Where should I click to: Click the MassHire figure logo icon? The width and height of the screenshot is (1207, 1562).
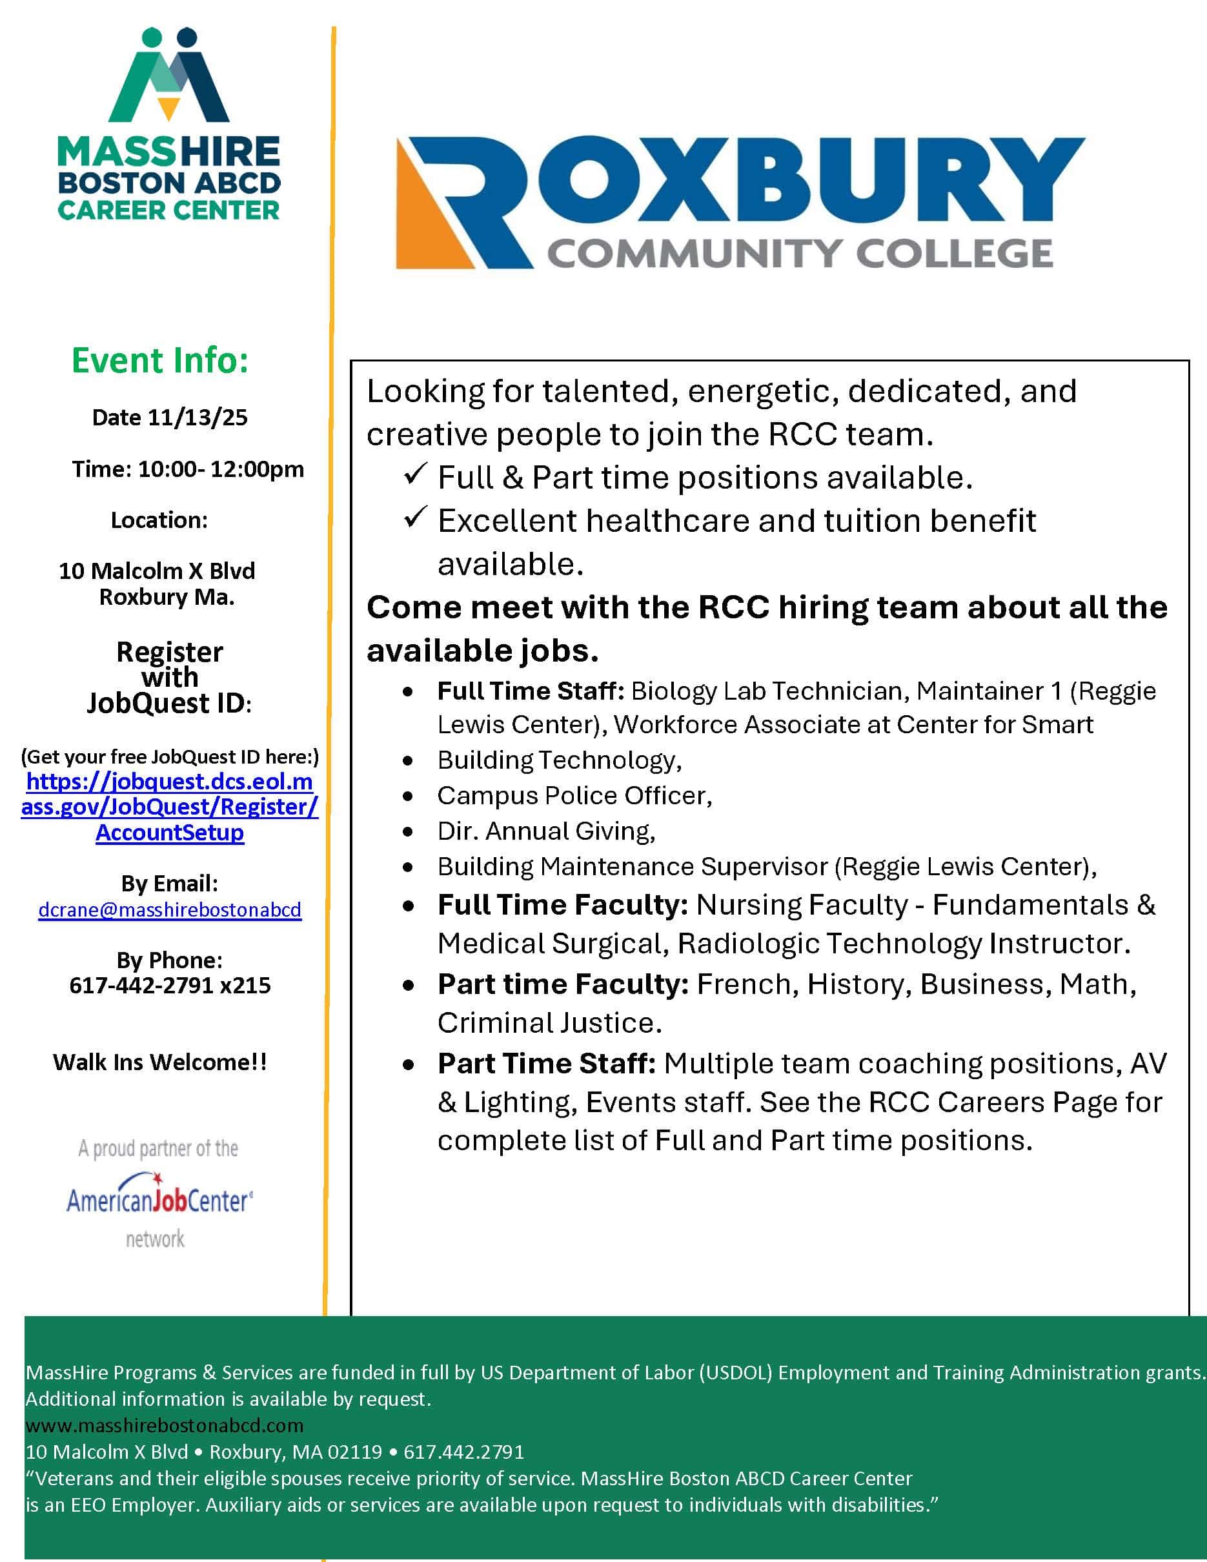(x=168, y=75)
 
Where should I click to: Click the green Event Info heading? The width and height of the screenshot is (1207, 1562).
(x=160, y=360)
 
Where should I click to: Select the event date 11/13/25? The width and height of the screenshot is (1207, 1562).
(x=198, y=418)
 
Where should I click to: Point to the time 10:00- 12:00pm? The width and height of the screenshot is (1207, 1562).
(x=220, y=469)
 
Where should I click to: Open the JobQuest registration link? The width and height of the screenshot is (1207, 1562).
(x=170, y=807)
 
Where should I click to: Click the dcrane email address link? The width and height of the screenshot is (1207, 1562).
(x=170, y=909)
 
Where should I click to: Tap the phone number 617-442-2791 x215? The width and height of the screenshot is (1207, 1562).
(x=170, y=986)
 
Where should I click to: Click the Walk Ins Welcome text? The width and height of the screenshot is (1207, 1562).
(x=160, y=1062)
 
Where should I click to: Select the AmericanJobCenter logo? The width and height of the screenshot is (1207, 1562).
(x=159, y=1199)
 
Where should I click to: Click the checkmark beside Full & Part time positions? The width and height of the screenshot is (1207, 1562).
(x=415, y=474)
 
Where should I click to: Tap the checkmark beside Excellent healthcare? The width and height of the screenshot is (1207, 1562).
(x=415, y=517)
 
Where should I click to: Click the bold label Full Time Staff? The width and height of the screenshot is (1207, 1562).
(x=531, y=691)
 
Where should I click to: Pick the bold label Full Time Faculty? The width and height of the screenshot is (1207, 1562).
(x=562, y=905)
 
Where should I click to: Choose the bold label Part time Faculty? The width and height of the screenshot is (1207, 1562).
(x=563, y=984)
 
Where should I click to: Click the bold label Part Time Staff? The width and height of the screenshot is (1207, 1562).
(x=546, y=1064)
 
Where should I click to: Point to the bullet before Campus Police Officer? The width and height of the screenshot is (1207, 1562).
(x=407, y=796)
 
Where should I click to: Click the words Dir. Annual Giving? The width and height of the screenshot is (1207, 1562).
(x=546, y=831)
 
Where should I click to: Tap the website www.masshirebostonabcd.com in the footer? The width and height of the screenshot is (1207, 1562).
(x=165, y=1425)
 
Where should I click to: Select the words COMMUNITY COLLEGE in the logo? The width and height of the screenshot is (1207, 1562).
(x=800, y=254)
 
